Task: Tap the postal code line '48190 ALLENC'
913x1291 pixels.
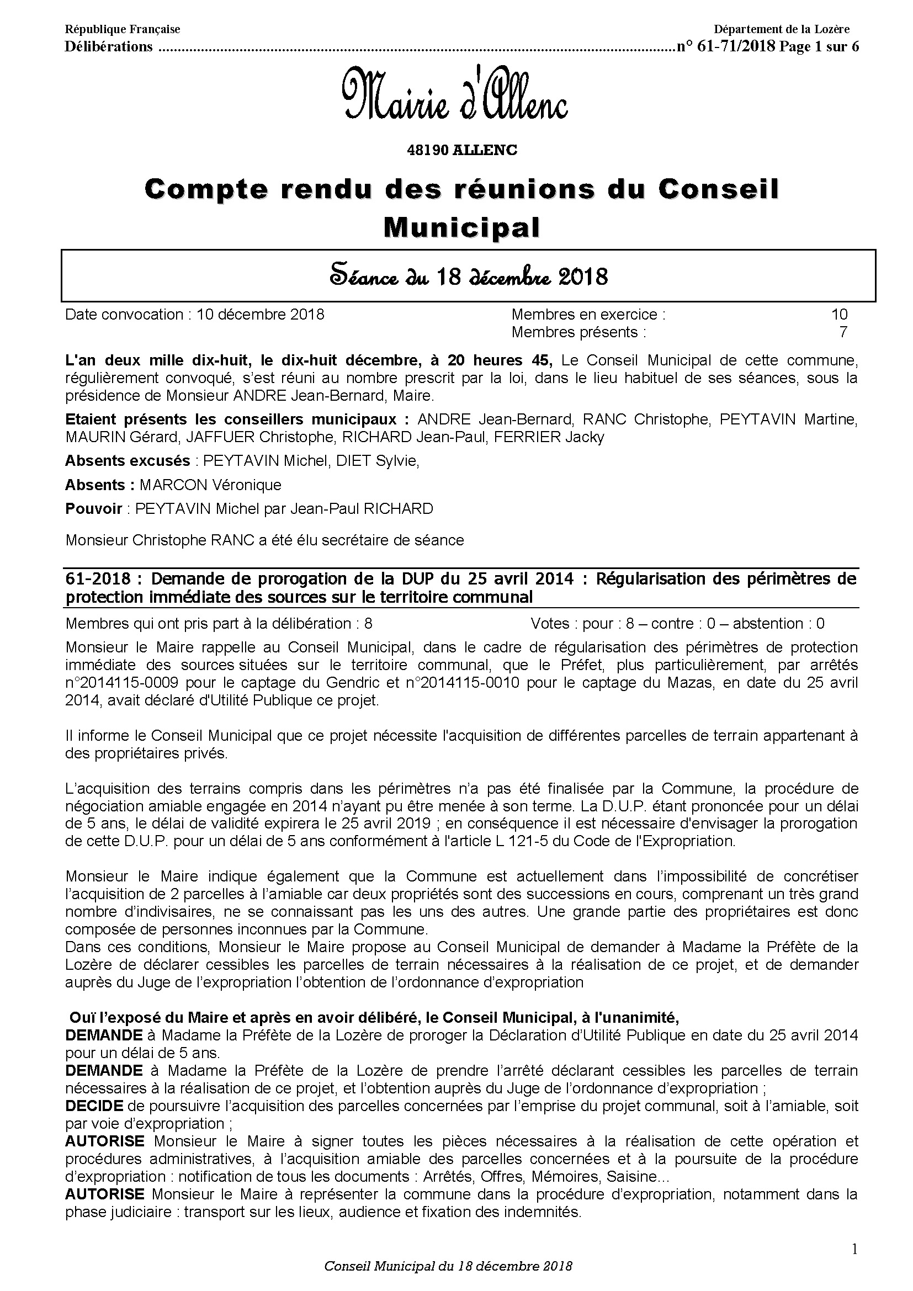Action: pos(461,151)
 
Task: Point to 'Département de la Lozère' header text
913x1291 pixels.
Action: pos(782,29)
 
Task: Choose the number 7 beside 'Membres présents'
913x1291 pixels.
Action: pos(843,332)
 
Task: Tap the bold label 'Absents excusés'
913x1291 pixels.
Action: pos(128,461)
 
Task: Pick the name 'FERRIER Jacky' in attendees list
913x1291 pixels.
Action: pos(549,437)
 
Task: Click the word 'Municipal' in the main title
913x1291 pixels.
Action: pos(461,228)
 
